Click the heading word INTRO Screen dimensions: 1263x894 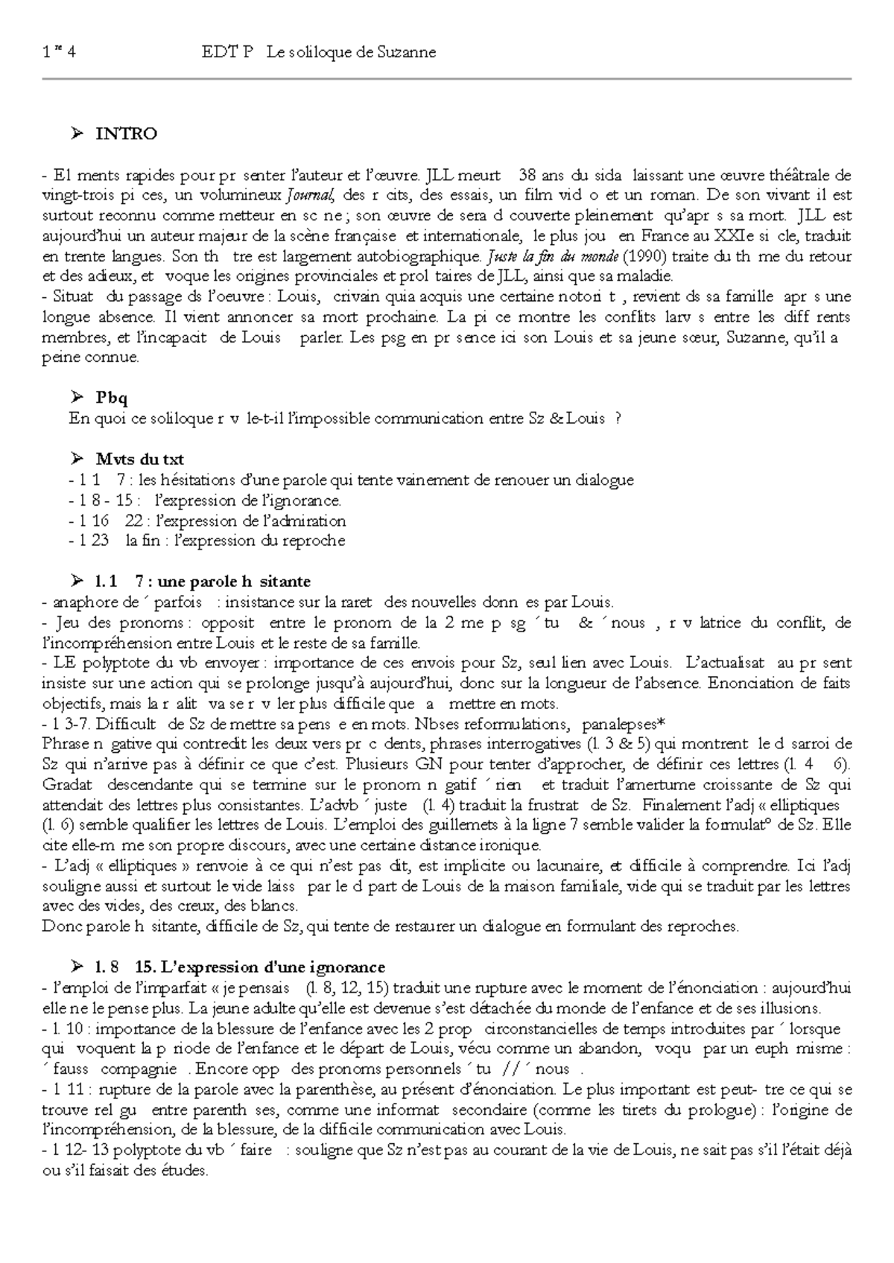click(x=126, y=134)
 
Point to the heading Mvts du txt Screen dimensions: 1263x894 click(x=139, y=459)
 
